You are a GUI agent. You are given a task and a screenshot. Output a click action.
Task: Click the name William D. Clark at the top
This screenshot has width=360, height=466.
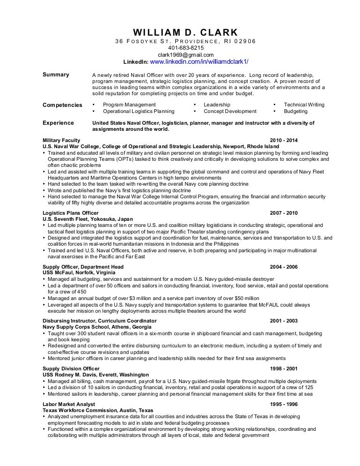point(186,32)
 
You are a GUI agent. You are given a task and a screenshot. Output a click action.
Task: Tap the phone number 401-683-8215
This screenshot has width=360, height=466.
point(186,48)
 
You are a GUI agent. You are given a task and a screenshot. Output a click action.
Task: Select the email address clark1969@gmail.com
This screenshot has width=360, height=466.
point(186,55)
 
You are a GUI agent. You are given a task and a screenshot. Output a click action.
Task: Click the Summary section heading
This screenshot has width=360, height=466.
point(56,75)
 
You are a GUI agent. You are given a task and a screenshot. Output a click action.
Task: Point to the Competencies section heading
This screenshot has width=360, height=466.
point(62,105)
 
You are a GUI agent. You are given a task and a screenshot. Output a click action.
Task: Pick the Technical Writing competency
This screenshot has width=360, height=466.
point(304,105)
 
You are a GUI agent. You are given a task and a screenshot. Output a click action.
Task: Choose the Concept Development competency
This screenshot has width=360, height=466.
point(230,112)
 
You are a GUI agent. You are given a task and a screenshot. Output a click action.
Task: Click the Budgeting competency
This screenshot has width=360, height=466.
point(295,112)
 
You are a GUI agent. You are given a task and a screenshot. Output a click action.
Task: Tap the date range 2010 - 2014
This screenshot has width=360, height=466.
point(284,140)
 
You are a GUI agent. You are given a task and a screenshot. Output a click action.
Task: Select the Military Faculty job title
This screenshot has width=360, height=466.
point(61,140)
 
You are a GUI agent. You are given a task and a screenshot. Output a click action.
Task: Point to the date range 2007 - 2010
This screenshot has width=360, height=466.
point(284,213)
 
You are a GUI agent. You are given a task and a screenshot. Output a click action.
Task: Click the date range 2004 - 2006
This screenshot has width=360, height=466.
point(284,267)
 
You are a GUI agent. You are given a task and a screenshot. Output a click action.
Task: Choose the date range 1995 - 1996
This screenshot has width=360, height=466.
point(284,404)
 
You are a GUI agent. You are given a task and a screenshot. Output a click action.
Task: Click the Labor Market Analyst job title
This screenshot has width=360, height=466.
point(68,404)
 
